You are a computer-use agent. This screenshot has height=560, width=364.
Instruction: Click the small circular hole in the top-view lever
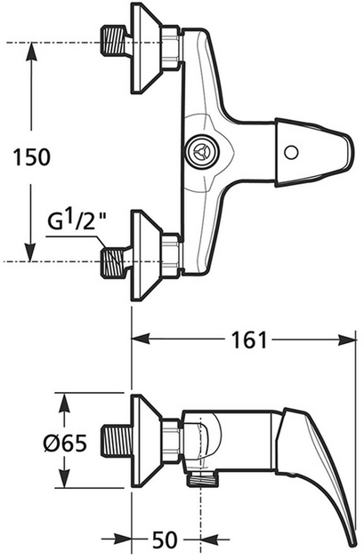(291, 152)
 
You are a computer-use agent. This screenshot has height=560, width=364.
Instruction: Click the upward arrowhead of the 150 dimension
(33, 52)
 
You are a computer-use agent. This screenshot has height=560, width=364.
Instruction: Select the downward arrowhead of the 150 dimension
(33, 252)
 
